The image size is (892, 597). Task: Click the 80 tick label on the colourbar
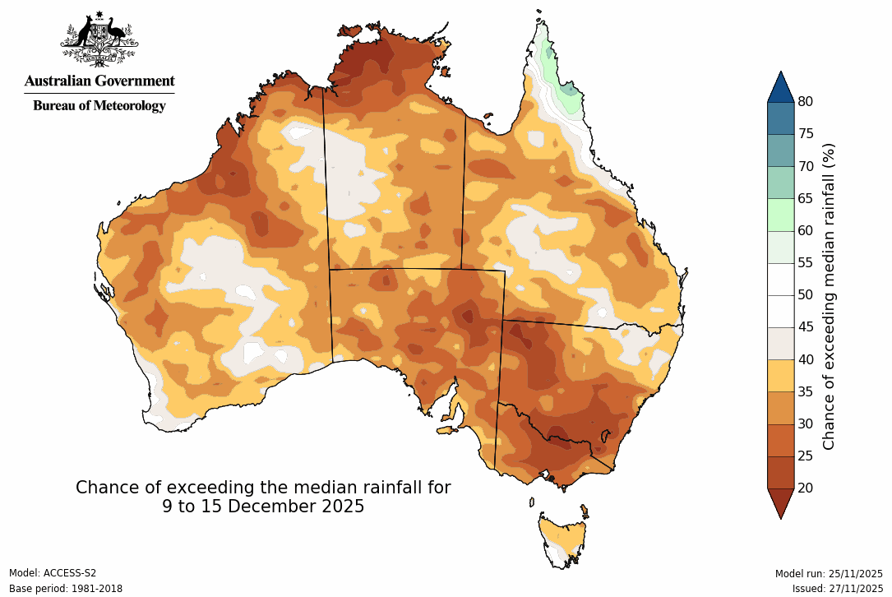pyautogui.click(x=806, y=101)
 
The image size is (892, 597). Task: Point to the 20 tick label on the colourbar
pyautogui.click(x=806, y=488)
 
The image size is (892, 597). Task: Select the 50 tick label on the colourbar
pyautogui.click(x=806, y=294)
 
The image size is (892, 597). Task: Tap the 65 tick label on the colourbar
pyautogui.click(x=806, y=198)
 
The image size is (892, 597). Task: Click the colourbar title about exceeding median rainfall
pyautogui.click(x=829, y=296)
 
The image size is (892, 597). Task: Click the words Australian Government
pyautogui.click(x=99, y=81)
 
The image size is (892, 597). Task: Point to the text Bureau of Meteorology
pyautogui.click(x=99, y=105)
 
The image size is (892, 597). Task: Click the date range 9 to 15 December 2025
pyautogui.click(x=263, y=507)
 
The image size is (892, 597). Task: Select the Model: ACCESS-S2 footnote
pyautogui.click(x=53, y=573)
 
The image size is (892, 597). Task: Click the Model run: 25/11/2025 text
pyautogui.click(x=829, y=573)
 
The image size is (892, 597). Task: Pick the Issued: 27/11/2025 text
pyautogui.click(x=837, y=588)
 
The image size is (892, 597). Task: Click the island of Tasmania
pyautogui.click(x=563, y=539)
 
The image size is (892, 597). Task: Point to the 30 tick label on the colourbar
pyautogui.click(x=806, y=423)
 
